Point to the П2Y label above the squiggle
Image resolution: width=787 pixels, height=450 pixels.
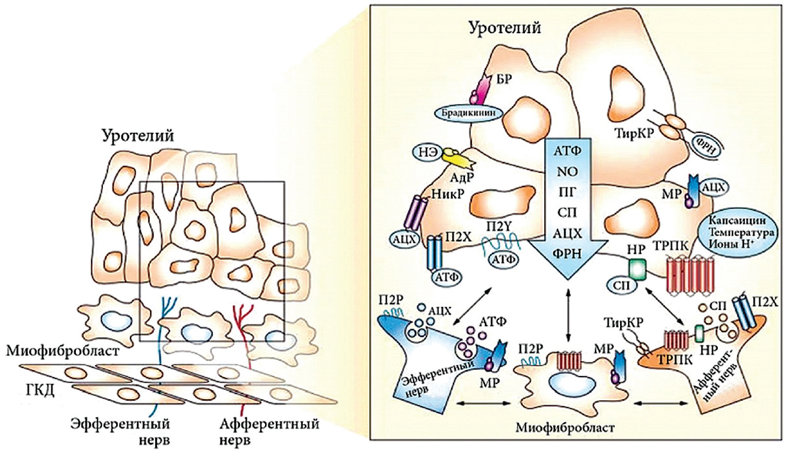tap(500, 225)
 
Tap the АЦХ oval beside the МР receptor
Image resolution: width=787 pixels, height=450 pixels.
tap(714, 186)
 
